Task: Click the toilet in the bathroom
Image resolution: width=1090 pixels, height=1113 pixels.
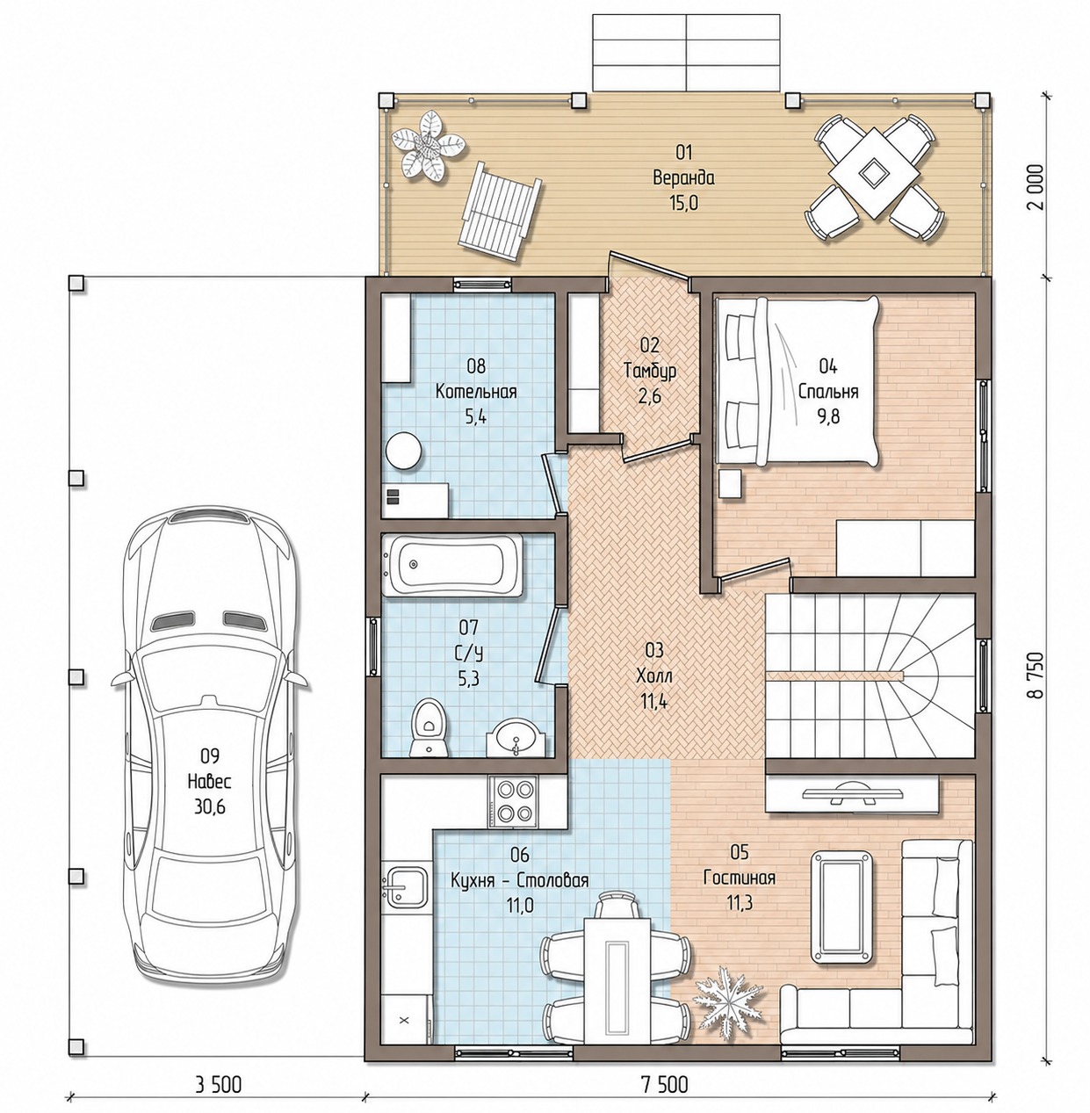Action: pos(429,727)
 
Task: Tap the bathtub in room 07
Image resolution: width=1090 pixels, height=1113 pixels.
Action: pos(452,564)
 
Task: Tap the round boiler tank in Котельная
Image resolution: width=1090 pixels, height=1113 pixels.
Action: pos(402,452)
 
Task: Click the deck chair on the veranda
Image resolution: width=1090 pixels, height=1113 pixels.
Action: pos(501,212)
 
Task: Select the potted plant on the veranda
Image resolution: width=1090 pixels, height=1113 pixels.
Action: pos(428,147)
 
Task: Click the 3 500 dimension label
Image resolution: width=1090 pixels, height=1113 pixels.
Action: pos(218,1085)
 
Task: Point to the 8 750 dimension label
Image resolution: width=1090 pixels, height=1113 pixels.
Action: pos(1037,676)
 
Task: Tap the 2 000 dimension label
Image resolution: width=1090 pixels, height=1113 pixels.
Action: pos(1037,187)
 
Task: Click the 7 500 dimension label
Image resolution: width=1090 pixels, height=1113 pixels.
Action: pos(665,1085)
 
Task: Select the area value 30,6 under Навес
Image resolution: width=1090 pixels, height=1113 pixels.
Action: pos(210,806)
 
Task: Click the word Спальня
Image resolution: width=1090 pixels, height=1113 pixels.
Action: pos(828,392)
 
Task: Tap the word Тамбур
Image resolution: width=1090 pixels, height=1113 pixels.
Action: pos(650,371)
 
